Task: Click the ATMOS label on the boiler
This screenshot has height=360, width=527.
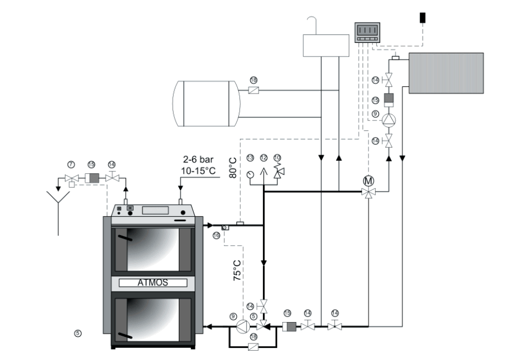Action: [153, 284]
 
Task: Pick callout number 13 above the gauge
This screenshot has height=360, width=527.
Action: [250, 157]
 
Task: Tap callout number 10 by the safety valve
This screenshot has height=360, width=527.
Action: [276, 157]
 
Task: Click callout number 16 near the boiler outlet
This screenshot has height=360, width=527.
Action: [216, 235]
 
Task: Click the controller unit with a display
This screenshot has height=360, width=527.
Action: [368, 32]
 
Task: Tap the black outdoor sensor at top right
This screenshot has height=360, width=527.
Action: [422, 17]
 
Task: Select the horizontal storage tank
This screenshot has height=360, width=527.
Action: [205, 103]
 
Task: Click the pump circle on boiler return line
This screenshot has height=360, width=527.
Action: [241, 327]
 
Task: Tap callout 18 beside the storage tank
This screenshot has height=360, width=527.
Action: [254, 79]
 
